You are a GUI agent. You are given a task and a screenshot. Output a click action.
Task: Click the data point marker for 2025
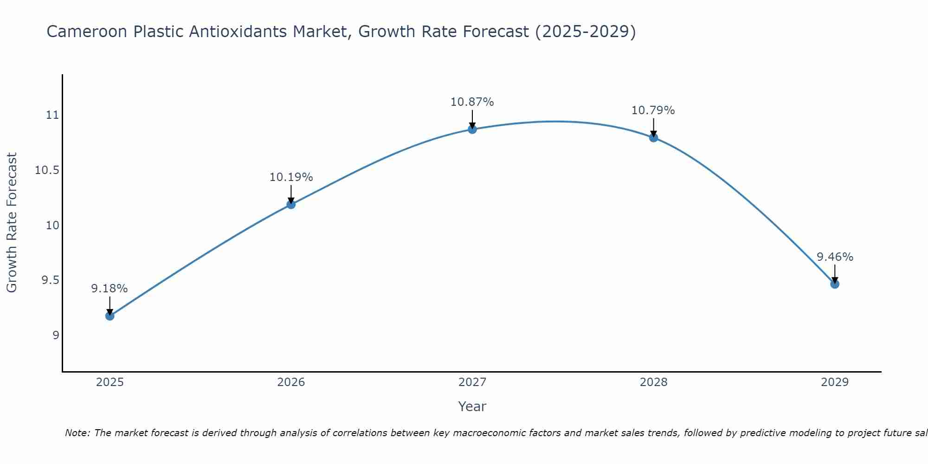point(110,316)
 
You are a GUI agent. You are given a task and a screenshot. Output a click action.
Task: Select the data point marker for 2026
point(291,204)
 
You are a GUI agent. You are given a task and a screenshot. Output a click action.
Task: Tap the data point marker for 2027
point(472,129)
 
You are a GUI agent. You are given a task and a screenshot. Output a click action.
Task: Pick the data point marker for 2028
point(653,138)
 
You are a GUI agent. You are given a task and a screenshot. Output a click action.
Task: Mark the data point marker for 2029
point(835,284)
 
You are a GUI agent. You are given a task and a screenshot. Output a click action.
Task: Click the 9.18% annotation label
point(109,289)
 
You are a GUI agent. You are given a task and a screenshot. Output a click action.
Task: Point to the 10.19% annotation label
point(291,177)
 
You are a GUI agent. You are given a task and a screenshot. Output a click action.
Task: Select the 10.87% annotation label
point(472,102)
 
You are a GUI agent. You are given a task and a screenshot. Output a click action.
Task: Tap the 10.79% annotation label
point(653,110)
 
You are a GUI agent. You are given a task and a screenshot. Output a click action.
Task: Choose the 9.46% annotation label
point(835,257)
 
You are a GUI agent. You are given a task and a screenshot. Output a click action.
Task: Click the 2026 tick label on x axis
point(291,382)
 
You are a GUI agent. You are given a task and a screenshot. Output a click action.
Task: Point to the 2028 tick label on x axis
point(653,382)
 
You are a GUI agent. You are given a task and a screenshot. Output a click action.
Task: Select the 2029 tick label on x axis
point(835,382)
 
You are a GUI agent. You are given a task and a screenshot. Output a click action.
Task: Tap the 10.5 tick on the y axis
point(47,170)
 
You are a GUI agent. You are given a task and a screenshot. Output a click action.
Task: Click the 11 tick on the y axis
point(52,115)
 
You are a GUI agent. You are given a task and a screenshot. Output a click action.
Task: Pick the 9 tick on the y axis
point(56,335)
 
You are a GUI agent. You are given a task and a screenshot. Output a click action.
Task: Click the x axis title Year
point(472,406)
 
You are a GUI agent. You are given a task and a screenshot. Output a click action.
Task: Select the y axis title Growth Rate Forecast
point(12,223)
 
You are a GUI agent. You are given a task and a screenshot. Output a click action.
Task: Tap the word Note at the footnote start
point(77,433)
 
